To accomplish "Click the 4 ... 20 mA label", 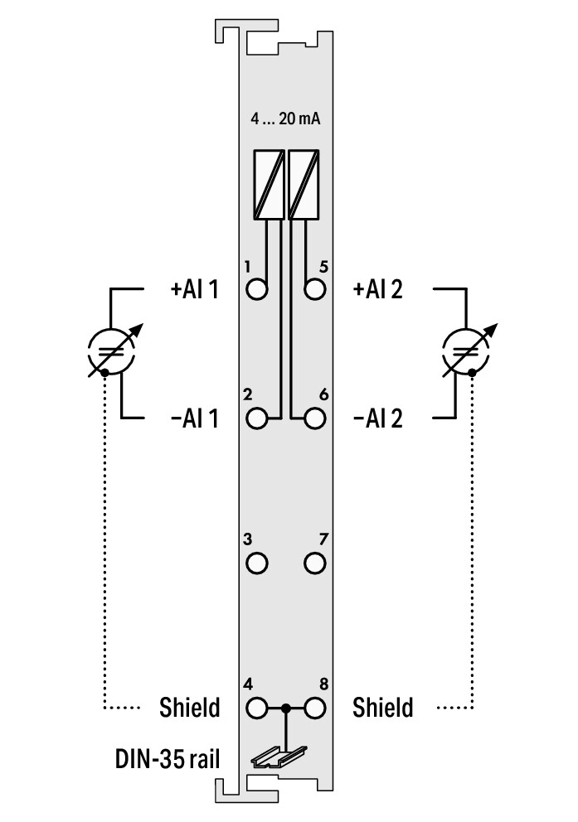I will tap(286, 118).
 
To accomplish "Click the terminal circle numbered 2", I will tap(258, 418).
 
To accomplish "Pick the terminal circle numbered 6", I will tap(314, 418).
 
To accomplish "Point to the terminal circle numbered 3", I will tap(258, 563).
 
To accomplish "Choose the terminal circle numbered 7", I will tap(314, 563).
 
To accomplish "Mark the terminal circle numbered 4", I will tap(258, 709).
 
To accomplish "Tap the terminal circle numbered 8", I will tap(314, 709).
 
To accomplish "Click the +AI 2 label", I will tap(377, 290).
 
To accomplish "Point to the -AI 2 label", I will tap(377, 418).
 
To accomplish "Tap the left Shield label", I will tap(189, 708).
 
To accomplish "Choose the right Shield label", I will tap(382, 708).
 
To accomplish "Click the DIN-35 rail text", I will tap(168, 758).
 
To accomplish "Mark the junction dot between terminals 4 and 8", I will tap(286, 709).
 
